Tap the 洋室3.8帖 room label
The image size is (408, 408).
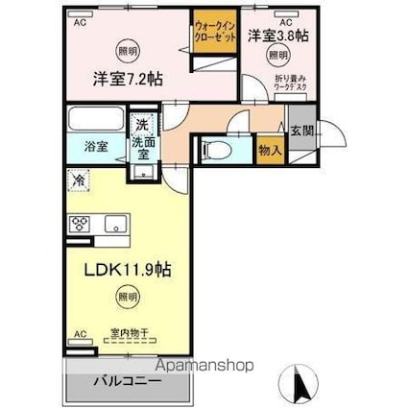277,36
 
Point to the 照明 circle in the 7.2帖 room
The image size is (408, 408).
128,49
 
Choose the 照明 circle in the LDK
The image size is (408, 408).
128,298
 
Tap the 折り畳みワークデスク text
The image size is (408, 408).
289,83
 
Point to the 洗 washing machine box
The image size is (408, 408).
141,124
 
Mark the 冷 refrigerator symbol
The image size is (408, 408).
78,179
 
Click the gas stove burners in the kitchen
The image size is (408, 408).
79,225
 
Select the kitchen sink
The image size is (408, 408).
116,226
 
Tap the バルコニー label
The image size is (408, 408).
127,381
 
